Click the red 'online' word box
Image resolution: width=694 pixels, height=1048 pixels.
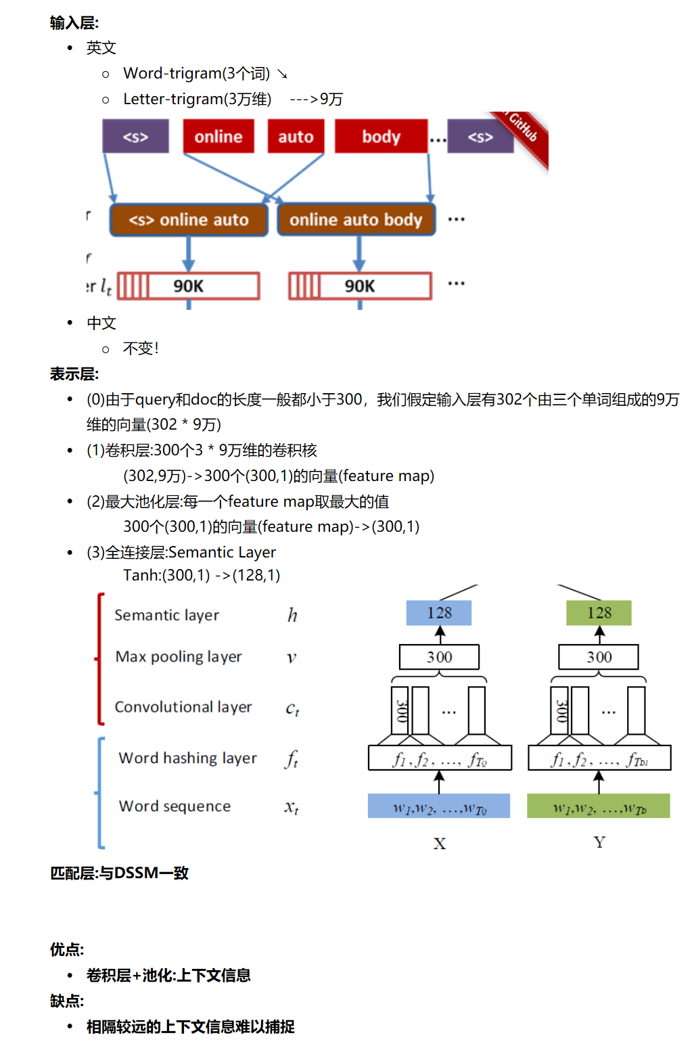[x=218, y=137]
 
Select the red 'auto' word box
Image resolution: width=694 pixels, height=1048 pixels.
[x=296, y=137]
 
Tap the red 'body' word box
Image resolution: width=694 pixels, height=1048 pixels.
[x=381, y=137]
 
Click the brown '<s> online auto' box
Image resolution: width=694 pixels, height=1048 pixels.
[x=189, y=220]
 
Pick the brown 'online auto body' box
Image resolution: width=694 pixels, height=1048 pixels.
[x=356, y=220]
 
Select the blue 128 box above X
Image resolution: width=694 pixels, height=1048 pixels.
[x=439, y=613]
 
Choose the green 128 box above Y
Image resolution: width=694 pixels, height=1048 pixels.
[x=599, y=613]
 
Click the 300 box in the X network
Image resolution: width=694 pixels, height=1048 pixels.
[x=439, y=657]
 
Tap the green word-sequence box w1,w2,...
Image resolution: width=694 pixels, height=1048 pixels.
[x=599, y=806]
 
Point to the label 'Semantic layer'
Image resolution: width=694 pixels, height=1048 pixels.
[x=166, y=615]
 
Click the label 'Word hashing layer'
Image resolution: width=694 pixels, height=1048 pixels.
[x=187, y=758]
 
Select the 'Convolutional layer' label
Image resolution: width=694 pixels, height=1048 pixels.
[x=183, y=707]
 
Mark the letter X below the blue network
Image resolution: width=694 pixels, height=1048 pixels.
[x=440, y=844]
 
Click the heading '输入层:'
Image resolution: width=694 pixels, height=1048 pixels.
[x=74, y=23]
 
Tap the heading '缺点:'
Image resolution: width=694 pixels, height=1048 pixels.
[x=67, y=1001]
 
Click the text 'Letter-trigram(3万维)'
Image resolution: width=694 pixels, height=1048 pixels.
[x=197, y=99]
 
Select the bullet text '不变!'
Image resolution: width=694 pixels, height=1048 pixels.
[x=141, y=348]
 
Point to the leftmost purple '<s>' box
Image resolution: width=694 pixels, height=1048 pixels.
[x=135, y=137]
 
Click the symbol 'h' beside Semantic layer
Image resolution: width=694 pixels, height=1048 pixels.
[x=292, y=615]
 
